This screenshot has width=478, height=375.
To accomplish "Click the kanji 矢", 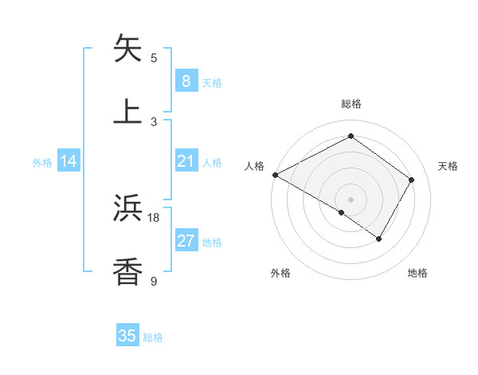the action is pyautogui.click(x=127, y=49).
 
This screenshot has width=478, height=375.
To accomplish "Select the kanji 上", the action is pyautogui.click(x=127, y=111).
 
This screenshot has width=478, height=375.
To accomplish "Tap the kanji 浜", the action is pyautogui.click(x=127, y=208).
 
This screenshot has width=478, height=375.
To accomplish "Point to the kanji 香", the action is pyautogui.click(x=127, y=271).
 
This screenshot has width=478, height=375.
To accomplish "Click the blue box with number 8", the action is pyautogui.click(x=186, y=81).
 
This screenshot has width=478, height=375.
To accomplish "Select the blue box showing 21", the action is pyautogui.click(x=186, y=161).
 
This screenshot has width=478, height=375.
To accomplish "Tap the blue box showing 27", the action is pyautogui.click(x=186, y=242).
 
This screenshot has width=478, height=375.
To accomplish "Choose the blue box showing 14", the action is pyautogui.click(x=69, y=161).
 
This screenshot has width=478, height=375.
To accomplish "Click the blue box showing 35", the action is pyautogui.click(x=127, y=336).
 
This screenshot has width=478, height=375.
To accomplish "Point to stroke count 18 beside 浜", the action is pyautogui.click(x=154, y=217).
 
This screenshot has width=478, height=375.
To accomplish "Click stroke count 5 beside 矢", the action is pyautogui.click(x=154, y=57).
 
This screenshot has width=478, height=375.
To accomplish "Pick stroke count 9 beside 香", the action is pyautogui.click(x=154, y=280).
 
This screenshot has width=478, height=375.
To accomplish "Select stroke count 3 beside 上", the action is pyautogui.click(x=154, y=120).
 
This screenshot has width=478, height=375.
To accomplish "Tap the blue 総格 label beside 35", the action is pyautogui.click(x=154, y=337).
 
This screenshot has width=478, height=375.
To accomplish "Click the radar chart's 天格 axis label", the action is pyautogui.click(x=448, y=166).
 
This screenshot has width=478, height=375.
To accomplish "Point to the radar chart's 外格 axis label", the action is pyautogui.click(x=280, y=273).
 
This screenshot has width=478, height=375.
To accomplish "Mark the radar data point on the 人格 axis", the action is pyautogui.click(x=275, y=175).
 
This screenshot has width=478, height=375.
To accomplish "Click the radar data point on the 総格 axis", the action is pyautogui.click(x=351, y=136).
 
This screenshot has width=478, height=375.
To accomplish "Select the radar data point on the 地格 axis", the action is pyautogui.click(x=379, y=239).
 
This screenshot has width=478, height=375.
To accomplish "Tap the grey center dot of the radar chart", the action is pyautogui.click(x=351, y=199).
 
